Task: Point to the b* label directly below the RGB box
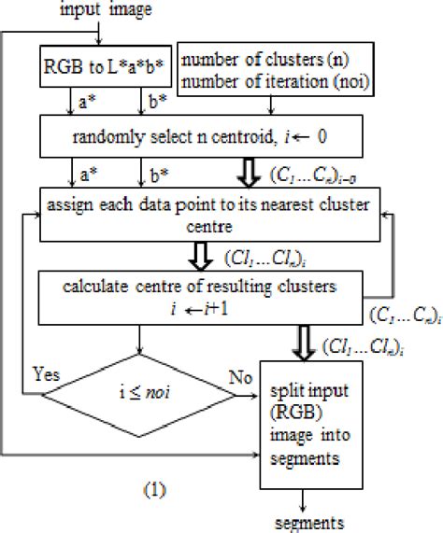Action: tap(146, 97)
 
